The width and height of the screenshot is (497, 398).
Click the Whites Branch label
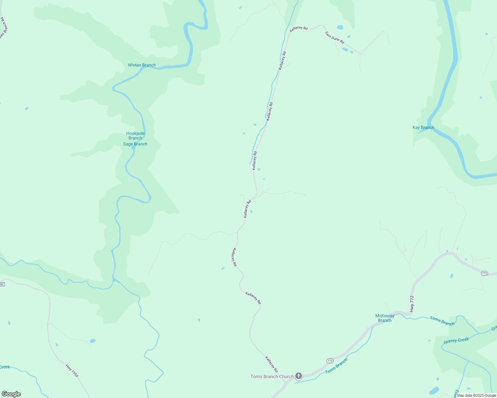click(142, 65)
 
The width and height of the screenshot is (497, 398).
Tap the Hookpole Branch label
click(135, 136)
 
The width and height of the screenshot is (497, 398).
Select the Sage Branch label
click(135, 144)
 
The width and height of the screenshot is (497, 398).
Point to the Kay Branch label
click(423, 127)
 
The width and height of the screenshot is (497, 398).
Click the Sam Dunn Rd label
click(335, 37)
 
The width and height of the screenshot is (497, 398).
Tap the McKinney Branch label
click(385, 318)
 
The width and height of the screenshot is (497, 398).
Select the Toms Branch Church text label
click(272, 376)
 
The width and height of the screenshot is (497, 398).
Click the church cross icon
click(299, 376)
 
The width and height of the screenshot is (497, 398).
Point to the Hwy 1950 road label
click(72, 371)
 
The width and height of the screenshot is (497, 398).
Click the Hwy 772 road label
click(412, 303)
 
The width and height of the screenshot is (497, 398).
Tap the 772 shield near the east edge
click(484, 273)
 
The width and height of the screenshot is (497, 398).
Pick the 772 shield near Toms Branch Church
click(330, 361)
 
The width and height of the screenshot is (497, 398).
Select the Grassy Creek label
click(456, 341)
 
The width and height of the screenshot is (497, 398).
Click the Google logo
click(11, 394)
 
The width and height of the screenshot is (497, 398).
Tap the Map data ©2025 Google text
click(476, 395)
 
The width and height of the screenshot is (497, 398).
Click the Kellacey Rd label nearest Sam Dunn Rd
click(298, 29)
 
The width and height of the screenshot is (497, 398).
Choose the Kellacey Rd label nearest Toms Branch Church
click(271, 364)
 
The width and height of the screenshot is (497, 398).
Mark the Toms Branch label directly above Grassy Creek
click(442, 321)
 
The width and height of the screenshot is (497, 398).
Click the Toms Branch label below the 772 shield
click(336, 366)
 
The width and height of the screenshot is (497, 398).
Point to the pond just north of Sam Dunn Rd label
click(340, 28)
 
